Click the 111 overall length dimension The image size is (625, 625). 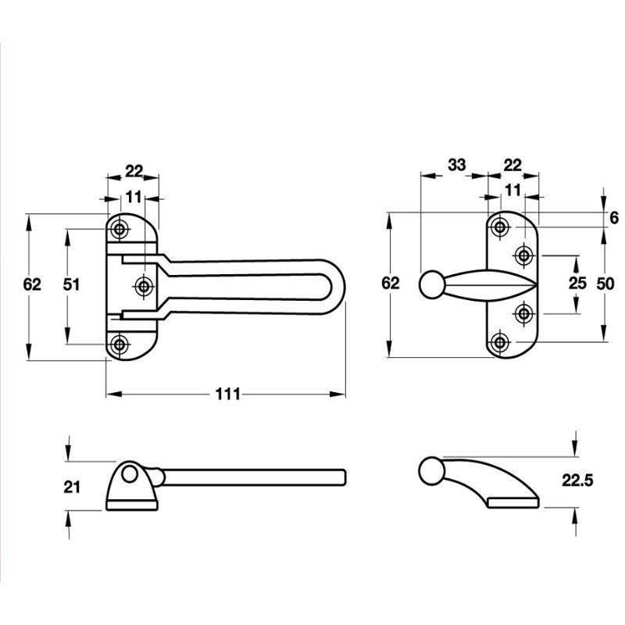(228, 394)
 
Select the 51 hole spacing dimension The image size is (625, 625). (72, 284)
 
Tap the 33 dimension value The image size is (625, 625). (457, 164)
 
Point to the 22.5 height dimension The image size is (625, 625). (577, 480)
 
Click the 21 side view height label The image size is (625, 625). (72, 487)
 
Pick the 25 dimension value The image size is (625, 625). (577, 283)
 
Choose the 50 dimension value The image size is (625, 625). (605, 284)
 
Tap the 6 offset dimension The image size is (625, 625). (614, 218)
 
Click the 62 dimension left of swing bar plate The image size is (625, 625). (32, 284)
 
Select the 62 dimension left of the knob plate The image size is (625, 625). (390, 283)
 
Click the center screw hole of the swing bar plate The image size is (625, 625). (143, 285)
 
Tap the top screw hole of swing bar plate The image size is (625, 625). (120, 229)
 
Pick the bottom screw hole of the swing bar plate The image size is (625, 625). (120, 344)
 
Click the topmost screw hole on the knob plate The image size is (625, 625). (500, 227)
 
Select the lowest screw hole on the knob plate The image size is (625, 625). (500, 341)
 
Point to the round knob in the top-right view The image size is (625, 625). (431, 284)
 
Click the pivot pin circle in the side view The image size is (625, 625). (129, 475)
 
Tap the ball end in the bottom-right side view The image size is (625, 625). (431, 471)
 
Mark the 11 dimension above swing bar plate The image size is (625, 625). (134, 196)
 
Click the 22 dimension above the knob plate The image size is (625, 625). (512, 164)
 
